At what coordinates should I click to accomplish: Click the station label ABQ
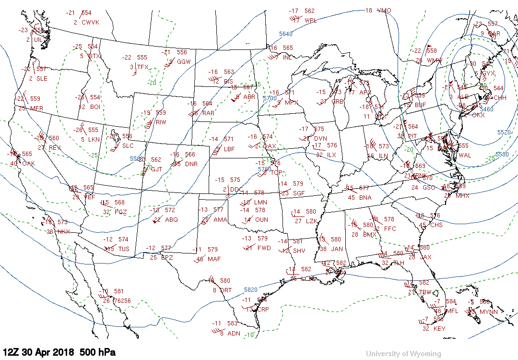[171, 220]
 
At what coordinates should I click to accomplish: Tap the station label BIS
[228, 82]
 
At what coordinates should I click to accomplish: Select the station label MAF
[214, 260]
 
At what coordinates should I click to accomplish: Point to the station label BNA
[365, 198]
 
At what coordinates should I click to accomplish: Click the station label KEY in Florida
[439, 329]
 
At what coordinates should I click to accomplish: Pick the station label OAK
[29, 164]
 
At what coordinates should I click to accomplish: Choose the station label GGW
[184, 62]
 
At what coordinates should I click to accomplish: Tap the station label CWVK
[90, 23]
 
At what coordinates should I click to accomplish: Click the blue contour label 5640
[286, 34]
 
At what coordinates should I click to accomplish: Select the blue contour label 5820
[251, 290]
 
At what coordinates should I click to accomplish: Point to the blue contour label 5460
[486, 109]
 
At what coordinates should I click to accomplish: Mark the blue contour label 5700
[270, 98]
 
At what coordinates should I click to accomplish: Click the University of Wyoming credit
[403, 354]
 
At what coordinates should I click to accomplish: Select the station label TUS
[124, 249]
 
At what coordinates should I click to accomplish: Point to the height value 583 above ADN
[232, 324]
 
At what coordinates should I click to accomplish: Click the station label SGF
[299, 193]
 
